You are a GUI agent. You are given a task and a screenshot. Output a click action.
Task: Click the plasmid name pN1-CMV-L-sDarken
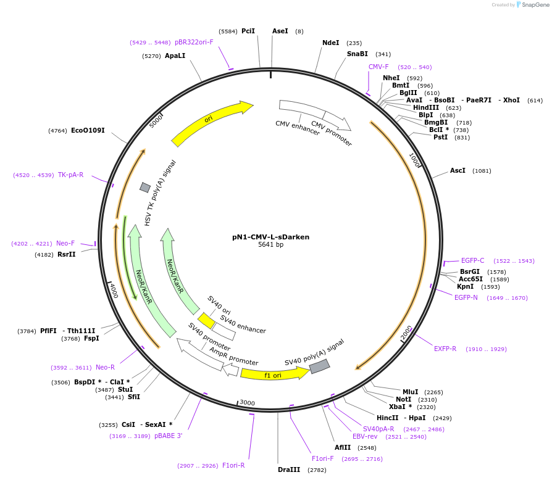pyautogui.click(x=270, y=236)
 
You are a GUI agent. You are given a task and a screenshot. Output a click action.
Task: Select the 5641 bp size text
pyautogui.click(x=270, y=245)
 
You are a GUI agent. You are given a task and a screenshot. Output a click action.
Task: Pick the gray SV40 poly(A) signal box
pyautogui.click(x=319, y=366)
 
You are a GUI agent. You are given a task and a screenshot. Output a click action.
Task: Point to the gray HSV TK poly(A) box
pyautogui.click(x=145, y=187)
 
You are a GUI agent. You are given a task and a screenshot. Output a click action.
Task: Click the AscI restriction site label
pyautogui.click(x=458, y=170)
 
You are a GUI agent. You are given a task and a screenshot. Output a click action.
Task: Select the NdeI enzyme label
pyautogui.click(x=330, y=43)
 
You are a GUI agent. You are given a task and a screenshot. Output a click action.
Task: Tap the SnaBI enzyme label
pyautogui.click(x=357, y=54)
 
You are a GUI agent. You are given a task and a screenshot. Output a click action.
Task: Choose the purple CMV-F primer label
pyautogui.click(x=378, y=67)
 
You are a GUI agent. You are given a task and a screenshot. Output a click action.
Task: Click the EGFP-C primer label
pyautogui.click(x=472, y=260)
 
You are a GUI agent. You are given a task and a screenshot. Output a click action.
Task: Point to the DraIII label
pyautogui.click(x=289, y=470)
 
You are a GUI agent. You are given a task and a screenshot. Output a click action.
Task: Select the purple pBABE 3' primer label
pyautogui.click(x=168, y=436)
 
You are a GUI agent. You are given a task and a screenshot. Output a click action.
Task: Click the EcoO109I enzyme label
pyautogui.click(x=88, y=130)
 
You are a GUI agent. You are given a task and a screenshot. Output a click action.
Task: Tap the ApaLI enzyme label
pyautogui.click(x=175, y=56)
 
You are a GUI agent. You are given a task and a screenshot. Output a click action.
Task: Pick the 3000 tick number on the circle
pyautogui.click(x=247, y=403)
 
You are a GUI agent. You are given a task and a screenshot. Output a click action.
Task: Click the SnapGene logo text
pyautogui.click(x=533, y=5)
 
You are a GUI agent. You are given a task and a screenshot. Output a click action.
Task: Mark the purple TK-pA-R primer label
pyautogui.click(x=70, y=175)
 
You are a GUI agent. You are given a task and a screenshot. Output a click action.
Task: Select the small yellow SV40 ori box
pyautogui.click(x=206, y=321)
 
